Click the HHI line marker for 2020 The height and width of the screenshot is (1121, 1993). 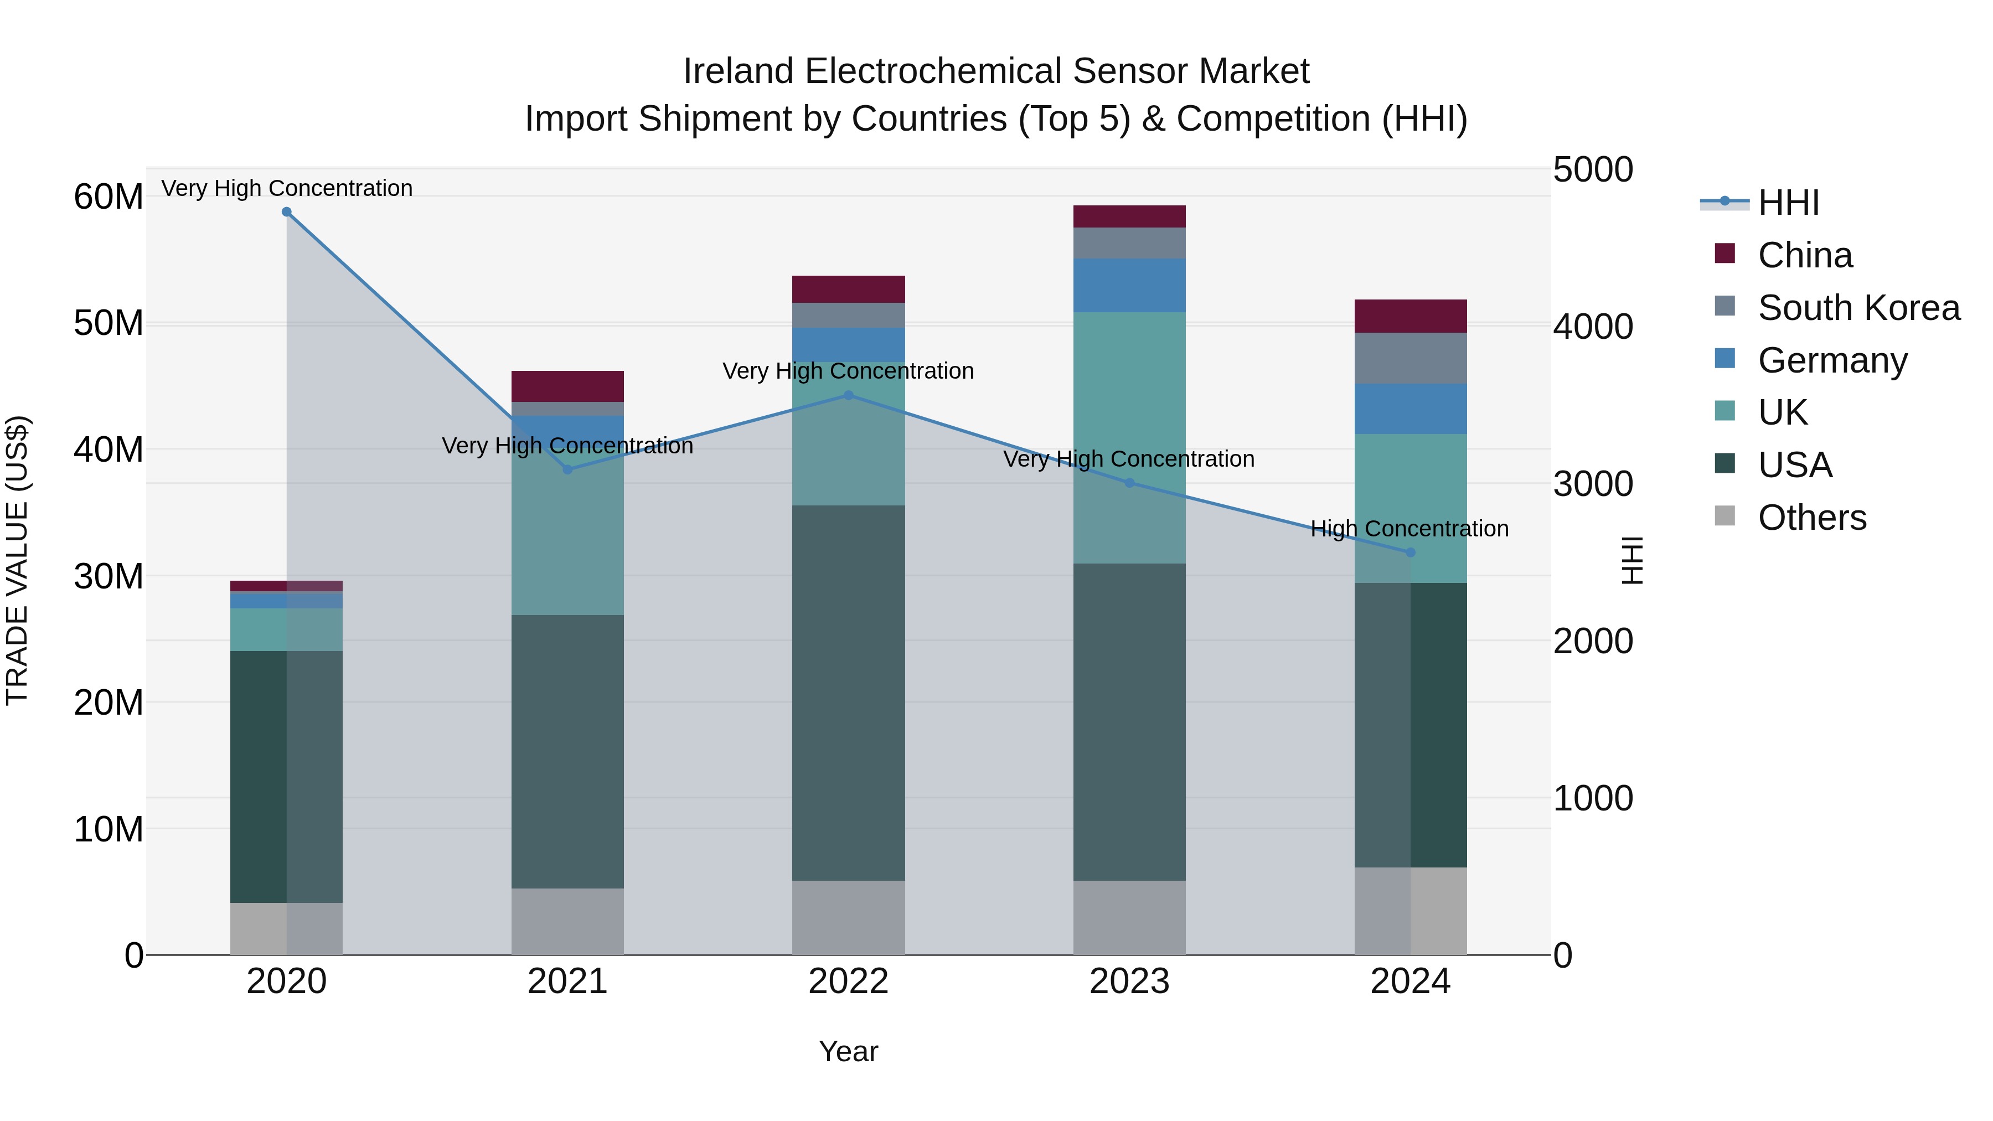tap(286, 212)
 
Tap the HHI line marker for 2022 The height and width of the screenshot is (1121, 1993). tap(848, 395)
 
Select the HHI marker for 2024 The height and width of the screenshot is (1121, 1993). tap(1409, 552)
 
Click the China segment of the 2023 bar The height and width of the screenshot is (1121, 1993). tap(1129, 216)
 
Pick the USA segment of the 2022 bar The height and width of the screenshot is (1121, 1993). tap(848, 693)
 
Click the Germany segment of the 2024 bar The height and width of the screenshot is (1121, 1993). tap(1409, 409)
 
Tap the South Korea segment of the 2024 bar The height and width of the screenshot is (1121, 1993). tap(1409, 358)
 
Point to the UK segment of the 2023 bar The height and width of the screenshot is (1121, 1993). tap(1129, 437)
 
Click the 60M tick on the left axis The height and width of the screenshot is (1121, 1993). tap(109, 197)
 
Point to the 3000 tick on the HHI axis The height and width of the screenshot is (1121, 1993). tap(1592, 484)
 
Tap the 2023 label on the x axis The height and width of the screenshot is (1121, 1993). tap(1129, 981)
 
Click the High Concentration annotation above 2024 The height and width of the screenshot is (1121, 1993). tap(1409, 529)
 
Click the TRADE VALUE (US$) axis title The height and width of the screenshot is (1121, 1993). tap(17, 560)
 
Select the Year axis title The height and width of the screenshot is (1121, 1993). tap(848, 1051)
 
